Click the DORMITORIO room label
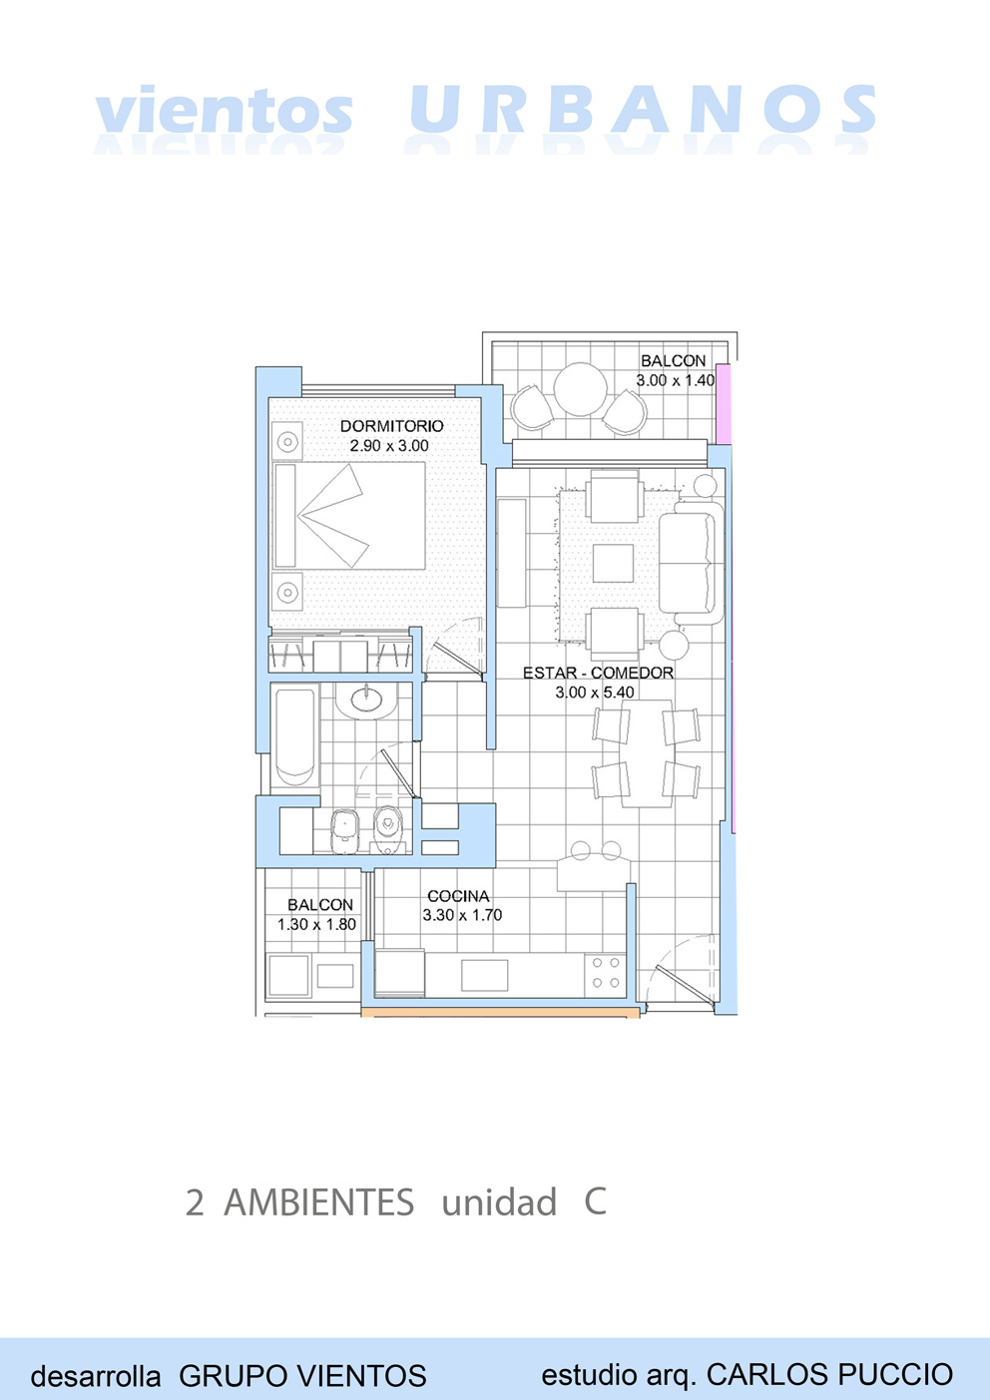click(x=392, y=426)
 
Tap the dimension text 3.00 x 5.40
click(x=595, y=693)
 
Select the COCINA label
click(x=458, y=896)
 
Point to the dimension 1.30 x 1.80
click(x=317, y=924)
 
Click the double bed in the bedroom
click(x=349, y=516)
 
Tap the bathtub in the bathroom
click(x=295, y=737)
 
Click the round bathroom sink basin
click(x=367, y=700)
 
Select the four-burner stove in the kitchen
click(x=606, y=973)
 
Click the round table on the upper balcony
click(x=580, y=389)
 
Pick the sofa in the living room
click(x=691, y=562)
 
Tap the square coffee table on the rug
click(x=613, y=563)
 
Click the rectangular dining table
click(x=647, y=753)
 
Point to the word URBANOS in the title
click(x=643, y=110)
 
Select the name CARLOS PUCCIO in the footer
click(x=829, y=1374)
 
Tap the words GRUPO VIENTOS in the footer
click(x=302, y=1376)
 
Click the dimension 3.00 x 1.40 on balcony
click(x=675, y=380)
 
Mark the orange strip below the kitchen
click(x=501, y=1012)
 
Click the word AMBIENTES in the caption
click(x=318, y=1201)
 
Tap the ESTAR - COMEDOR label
click(x=598, y=674)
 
